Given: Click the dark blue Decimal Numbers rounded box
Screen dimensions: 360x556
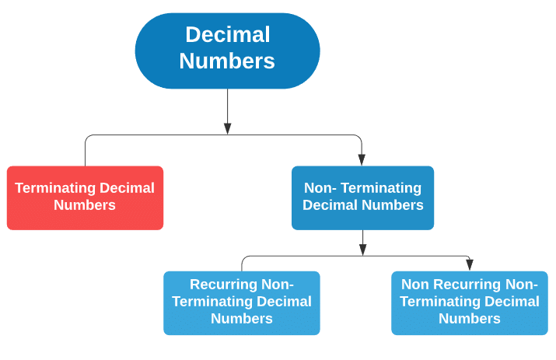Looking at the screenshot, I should [227, 50].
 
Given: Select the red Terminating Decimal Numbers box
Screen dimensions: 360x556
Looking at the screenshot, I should [85, 197].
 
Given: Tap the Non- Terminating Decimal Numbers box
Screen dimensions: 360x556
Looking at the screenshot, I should [362, 197].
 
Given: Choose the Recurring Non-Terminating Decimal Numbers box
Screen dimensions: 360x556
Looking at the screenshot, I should [241, 302].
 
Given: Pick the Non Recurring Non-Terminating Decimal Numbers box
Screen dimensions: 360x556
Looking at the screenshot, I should [469, 302].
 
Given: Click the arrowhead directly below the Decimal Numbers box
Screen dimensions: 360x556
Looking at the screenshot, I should [227, 128].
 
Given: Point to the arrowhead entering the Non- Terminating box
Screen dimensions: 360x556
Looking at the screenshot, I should [362, 159].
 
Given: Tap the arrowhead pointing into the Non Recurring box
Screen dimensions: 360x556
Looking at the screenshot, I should [470, 264].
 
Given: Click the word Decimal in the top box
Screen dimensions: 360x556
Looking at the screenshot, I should [227, 35].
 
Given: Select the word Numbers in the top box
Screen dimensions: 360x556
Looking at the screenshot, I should [227, 61].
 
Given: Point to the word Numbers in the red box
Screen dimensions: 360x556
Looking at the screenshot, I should [85, 206].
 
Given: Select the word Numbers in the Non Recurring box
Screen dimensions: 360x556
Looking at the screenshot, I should [469, 320].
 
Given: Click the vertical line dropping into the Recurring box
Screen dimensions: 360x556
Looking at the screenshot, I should [242, 264].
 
